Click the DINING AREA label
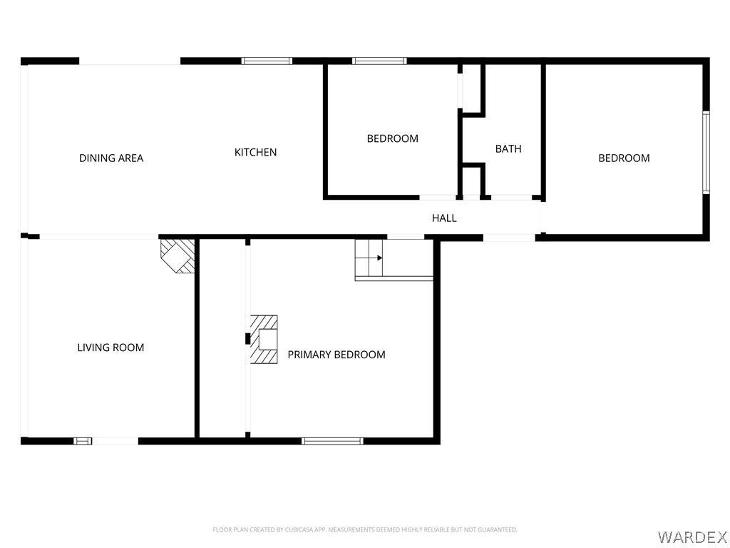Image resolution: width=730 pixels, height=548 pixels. [111, 158]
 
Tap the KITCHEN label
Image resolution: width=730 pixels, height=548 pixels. [256, 153]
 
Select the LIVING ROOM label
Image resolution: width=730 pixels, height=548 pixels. [110, 347]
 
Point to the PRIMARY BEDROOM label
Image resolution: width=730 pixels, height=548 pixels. [336, 355]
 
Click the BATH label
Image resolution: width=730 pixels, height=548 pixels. [508, 148]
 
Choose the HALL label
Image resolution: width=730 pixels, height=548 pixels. [444, 218]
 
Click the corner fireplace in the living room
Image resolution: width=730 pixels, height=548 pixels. [178, 256]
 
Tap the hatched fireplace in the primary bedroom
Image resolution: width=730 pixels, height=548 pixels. [264, 340]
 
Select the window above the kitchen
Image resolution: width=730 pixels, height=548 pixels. [267, 61]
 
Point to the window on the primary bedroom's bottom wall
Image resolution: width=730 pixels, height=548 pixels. [332, 441]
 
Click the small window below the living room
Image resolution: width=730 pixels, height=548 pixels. [83, 441]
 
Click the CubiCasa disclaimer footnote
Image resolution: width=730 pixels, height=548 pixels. [365, 530]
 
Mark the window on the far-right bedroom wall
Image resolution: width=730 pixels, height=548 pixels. [706, 153]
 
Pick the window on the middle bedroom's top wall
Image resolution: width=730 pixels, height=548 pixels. [379, 61]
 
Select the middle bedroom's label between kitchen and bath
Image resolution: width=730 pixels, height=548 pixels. [393, 138]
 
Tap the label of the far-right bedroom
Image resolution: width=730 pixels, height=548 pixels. [624, 158]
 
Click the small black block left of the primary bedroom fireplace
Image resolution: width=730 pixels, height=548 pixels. [247, 339]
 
